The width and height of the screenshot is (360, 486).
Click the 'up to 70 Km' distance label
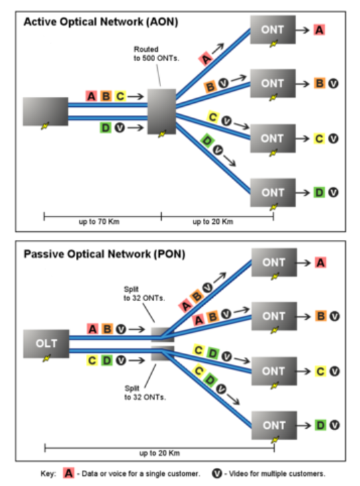(102, 221)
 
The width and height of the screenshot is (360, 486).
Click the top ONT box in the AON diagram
(273, 30)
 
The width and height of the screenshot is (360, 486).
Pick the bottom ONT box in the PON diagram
(274, 425)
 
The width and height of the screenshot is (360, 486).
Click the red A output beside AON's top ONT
(320, 30)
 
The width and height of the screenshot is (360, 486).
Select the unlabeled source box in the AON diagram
(45, 112)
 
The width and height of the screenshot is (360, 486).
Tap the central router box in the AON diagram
(161, 111)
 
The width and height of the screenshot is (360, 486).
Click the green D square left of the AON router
(106, 127)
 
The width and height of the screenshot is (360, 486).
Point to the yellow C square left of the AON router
(120, 96)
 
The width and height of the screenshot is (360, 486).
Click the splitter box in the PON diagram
(162, 343)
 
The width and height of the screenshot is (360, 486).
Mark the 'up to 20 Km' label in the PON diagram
(160, 452)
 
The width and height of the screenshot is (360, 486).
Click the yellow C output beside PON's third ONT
(320, 371)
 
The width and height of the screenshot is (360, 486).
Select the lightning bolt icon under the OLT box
(46, 359)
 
